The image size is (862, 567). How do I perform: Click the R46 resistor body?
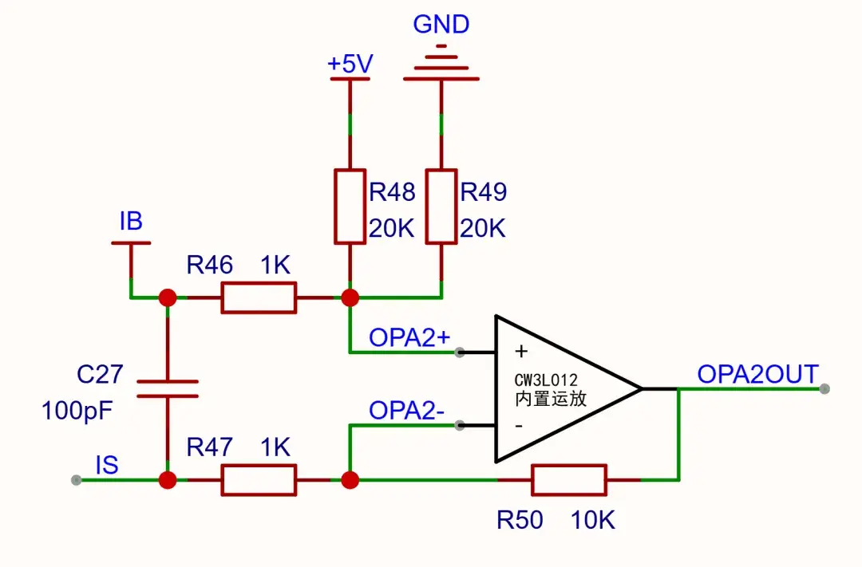(259, 297)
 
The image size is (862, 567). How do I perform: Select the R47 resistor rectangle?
(259, 480)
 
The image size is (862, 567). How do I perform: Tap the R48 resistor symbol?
(350, 206)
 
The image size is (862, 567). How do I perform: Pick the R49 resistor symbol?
(441, 206)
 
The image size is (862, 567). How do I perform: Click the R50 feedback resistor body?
(570, 480)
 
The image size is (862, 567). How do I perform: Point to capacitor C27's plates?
(167, 388)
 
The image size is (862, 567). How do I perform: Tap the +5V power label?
(350, 64)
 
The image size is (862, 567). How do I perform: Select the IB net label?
(131, 222)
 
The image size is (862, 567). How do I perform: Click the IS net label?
(107, 466)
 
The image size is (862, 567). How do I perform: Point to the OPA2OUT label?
(758, 374)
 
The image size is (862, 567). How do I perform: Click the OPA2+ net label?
(409, 337)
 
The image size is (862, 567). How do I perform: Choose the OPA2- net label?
(406, 411)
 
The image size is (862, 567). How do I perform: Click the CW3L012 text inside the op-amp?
(546, 380)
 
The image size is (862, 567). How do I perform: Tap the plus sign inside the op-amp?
(521, 351)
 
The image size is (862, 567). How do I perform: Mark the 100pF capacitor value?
(77, 411)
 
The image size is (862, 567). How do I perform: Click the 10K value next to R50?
(592, 520)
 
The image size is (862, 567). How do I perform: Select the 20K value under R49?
(483, 228)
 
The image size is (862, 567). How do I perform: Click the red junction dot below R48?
(350, 297)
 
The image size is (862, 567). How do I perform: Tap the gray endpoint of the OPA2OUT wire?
(824, 389)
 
